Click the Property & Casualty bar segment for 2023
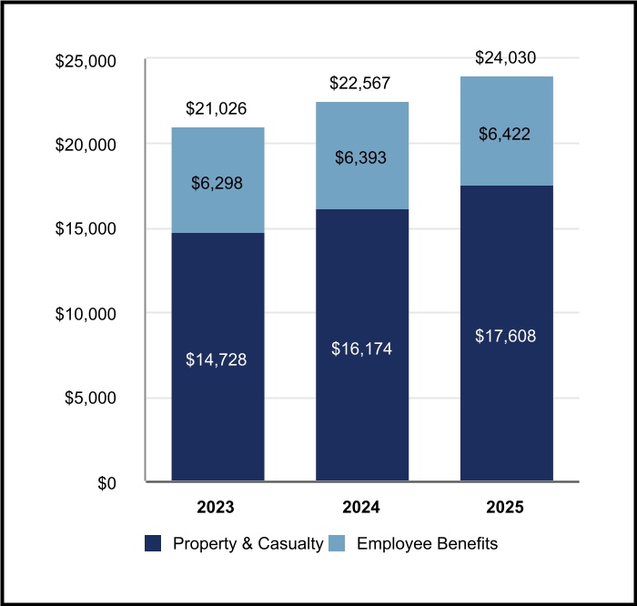coord(217,400)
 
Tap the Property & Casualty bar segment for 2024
coord(361,400)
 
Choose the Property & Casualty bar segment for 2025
coord(506,400)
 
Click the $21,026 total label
coord(217,109)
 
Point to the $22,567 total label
coord(361,84)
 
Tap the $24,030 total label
coord(506,58)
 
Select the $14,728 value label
coord(217,359)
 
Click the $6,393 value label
coord(361,158)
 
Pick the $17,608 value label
coord(506,336)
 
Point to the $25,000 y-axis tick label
coord(86,61)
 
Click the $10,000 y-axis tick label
coord(86,314)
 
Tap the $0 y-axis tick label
coord(106,482)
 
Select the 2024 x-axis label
coord(361,507)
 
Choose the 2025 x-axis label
coord(506,507)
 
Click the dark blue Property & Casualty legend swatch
coord(154,544)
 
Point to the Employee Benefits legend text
coord(428,544)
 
